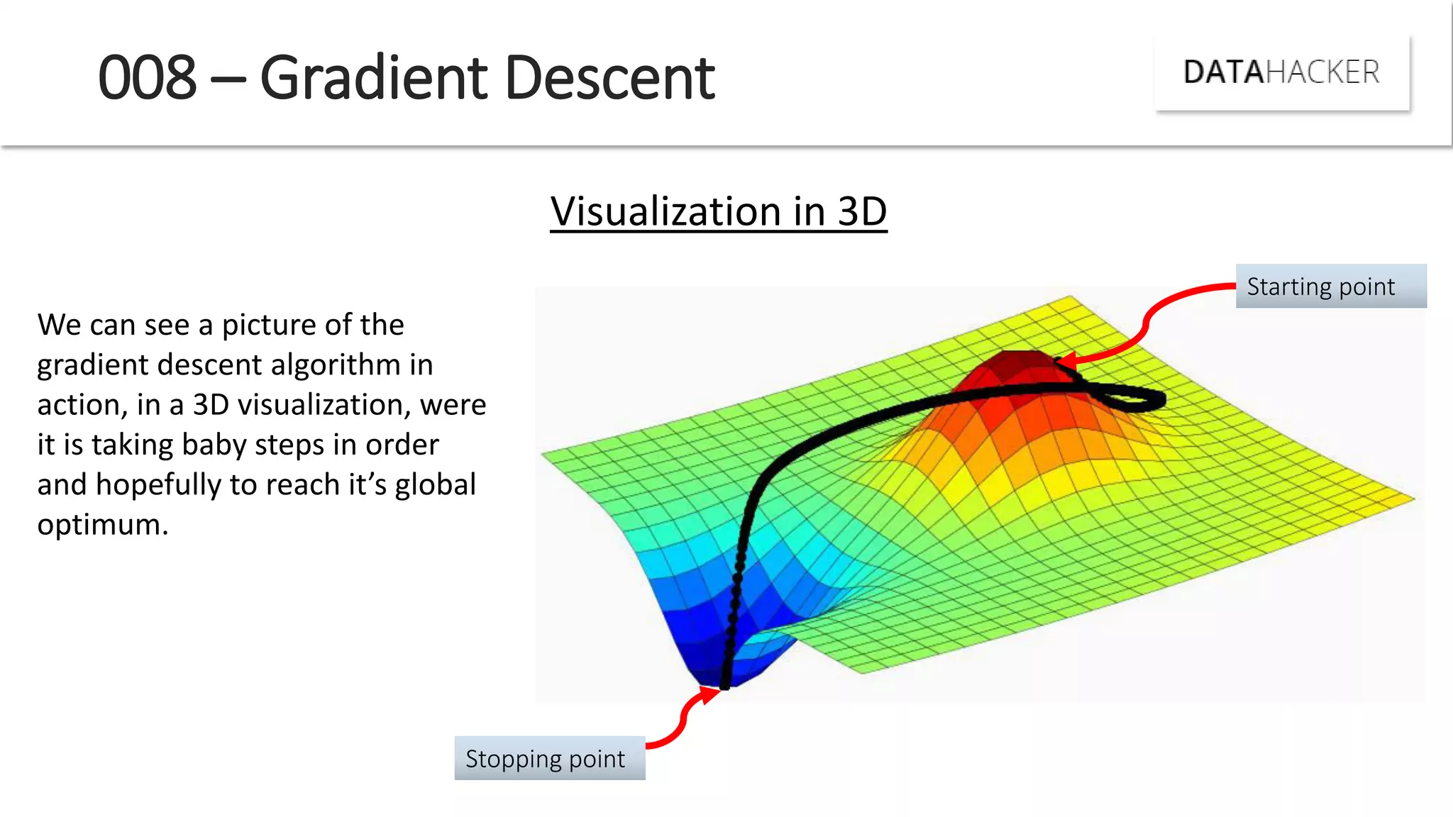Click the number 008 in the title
147,78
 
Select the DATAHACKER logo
1281,72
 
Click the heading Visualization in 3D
718,211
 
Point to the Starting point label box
1330,287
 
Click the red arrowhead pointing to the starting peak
1064,362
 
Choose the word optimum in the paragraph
102,525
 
